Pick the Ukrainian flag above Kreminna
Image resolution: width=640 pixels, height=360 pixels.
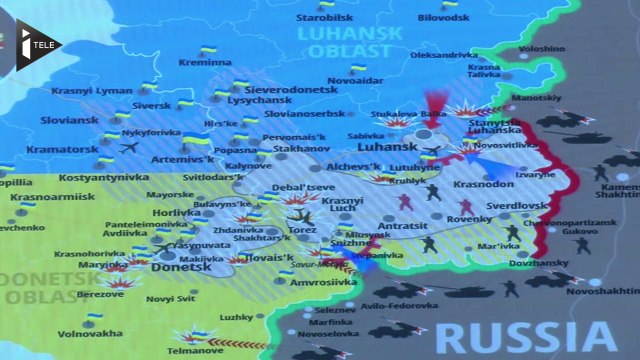tap(208, 50)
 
